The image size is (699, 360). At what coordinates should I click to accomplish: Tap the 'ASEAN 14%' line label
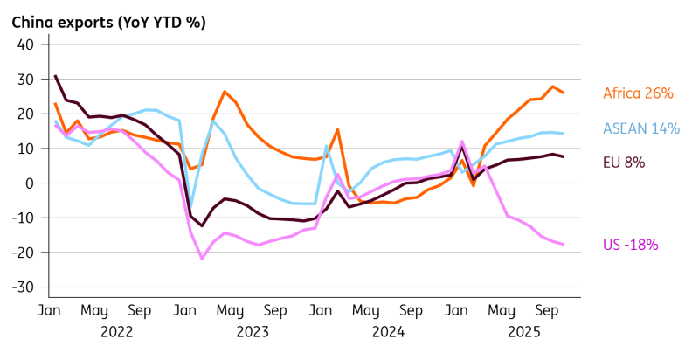(641, 128)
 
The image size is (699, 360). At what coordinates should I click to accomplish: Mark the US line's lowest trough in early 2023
(202, 258)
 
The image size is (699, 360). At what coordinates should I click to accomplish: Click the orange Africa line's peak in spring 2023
(225, 92)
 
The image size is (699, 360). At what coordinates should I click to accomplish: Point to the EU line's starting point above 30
(55, 76)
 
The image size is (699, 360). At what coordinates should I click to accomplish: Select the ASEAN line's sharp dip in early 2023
(191, 210)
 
